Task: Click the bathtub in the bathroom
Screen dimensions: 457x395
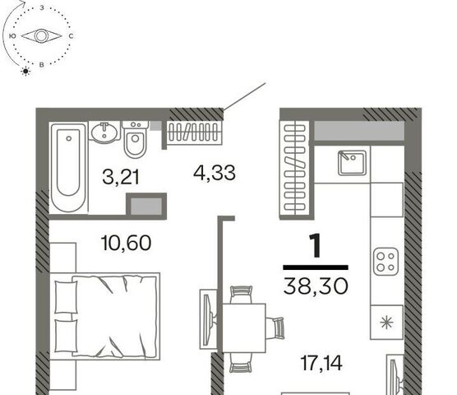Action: tap(69, 167)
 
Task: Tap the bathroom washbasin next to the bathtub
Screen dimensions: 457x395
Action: tap(105, 132)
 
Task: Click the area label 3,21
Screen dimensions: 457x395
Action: tap(121, 177)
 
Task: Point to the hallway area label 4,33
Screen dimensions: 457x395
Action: tap(215, 173)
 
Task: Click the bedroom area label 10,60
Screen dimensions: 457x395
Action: tap(127, 243)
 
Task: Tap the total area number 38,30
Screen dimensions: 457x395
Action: tap(316, 286)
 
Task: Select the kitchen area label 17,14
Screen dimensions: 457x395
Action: tap(321, 363)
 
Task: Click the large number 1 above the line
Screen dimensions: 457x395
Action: tap(316, 245)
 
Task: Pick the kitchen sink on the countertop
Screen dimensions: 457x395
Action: tap(352, 163)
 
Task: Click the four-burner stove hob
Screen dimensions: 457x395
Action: tap(385, 262)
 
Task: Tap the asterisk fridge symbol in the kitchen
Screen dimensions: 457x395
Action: tap(387, 323)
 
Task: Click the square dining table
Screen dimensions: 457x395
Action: tap(244, 328)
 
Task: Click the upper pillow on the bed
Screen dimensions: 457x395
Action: tap(66, 297)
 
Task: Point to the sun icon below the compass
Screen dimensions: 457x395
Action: tap(26, 71)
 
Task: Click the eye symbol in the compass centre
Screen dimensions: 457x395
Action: tap(41, 36)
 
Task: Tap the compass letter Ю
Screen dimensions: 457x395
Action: tap(12, 36)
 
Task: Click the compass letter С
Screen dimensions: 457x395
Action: tap(71, 36)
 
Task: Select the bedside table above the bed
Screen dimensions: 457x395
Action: tap(63, 258)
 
